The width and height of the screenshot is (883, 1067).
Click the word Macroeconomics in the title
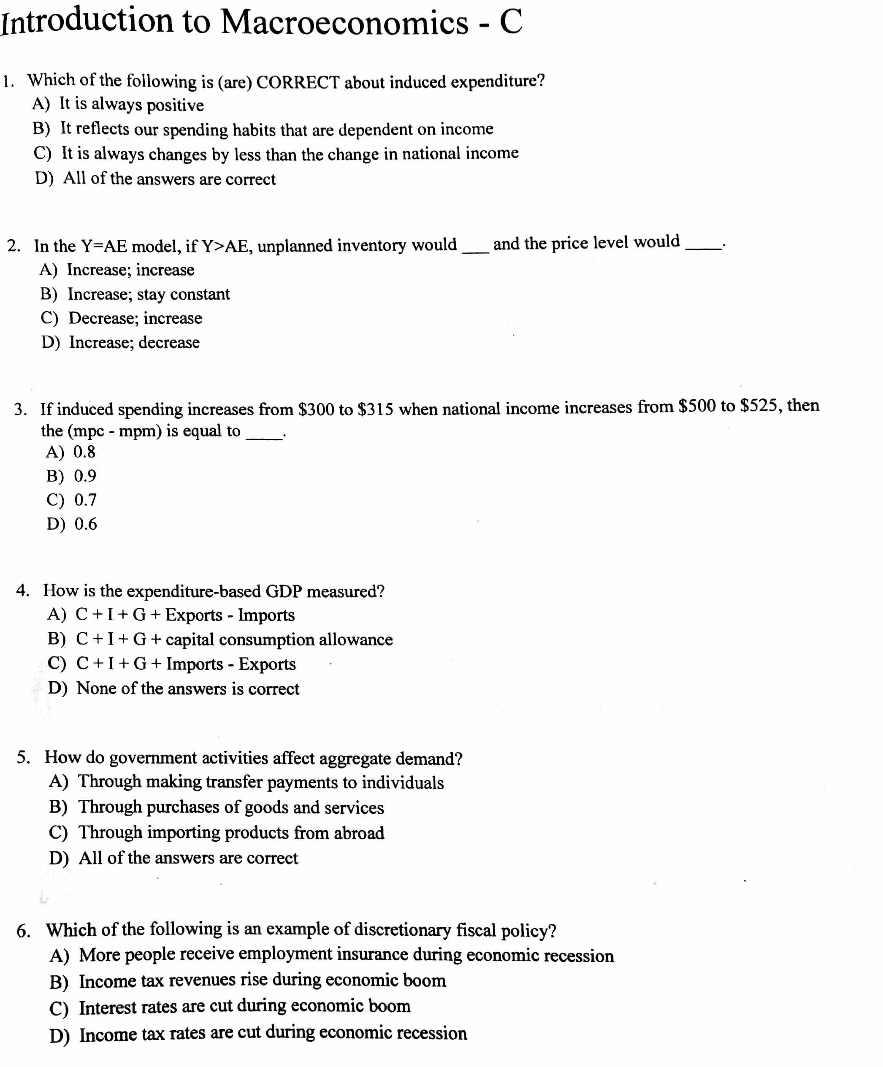pyautogui.click(x=344, y=22)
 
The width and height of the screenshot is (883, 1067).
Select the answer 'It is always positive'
pyautogui.click(x=131, y=104)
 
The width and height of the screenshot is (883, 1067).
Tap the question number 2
pyautogui.click(x=14, y=246)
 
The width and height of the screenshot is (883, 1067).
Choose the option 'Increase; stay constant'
pyautogui.click(x=148, y=294)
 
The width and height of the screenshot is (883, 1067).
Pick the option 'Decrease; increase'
pyautogui.click(x=135, y=318)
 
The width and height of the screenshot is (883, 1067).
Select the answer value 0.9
pyautogui.click(x=85, y=476)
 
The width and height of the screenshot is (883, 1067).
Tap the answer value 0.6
pyautogui.click(x=85, y=524)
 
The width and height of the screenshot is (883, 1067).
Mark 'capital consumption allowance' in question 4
pyautogui.click(x=279, y=640)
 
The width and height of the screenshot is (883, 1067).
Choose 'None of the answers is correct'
pyautogui.click(x=187, y=689)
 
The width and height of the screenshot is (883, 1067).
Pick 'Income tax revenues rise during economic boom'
pyautogui.click(x=262, y=980)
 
